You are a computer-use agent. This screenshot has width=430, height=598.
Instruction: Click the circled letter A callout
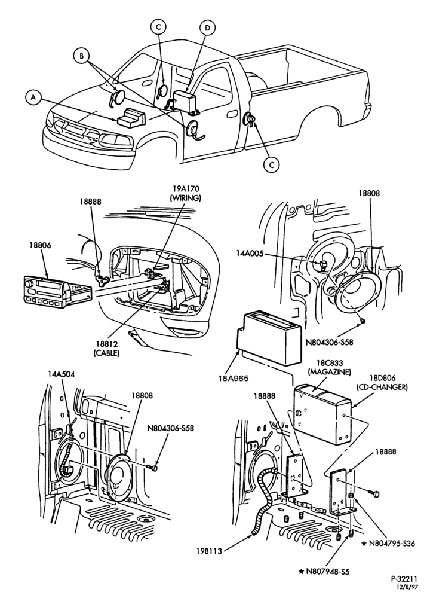click(33, 97)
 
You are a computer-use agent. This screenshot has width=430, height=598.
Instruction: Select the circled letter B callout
click(81, 56)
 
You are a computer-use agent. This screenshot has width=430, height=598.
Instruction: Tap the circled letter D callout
click(207, 28)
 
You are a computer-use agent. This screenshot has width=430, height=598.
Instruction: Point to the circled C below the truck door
click(271, 164)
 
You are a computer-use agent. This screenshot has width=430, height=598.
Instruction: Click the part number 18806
click(40, 246)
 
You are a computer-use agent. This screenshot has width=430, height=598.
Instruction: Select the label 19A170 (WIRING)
click(185, 193)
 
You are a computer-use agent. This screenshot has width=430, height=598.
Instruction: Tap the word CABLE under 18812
click(107, 353)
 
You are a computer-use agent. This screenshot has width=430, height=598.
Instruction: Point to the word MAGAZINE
click(329, 371)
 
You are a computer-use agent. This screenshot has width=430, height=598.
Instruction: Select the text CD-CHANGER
click(382, 387)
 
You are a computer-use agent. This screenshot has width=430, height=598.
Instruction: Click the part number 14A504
click(62, 374)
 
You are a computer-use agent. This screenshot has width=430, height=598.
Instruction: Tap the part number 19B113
click(210, 550)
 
